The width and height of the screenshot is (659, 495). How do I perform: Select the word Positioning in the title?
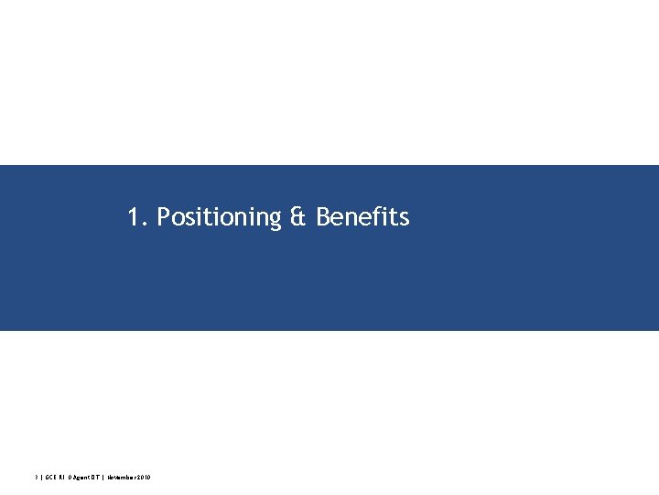pyautogui.click(x=219, y=218)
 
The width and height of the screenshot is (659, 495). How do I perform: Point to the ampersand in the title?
pyautogui.click(x=299, y=217)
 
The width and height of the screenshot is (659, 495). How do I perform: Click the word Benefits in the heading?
pyautogui.click(x=362, y=217)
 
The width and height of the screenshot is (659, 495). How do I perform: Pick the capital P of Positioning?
pyautogui.click(x=164, y=217)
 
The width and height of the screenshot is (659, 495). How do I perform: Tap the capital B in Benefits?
pyautogui.click(x=323, y=217)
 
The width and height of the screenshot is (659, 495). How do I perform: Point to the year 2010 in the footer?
pyautogui.click(x=144, y=478)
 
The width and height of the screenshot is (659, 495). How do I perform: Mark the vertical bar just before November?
pyautogui.click(x=103, y=478)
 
